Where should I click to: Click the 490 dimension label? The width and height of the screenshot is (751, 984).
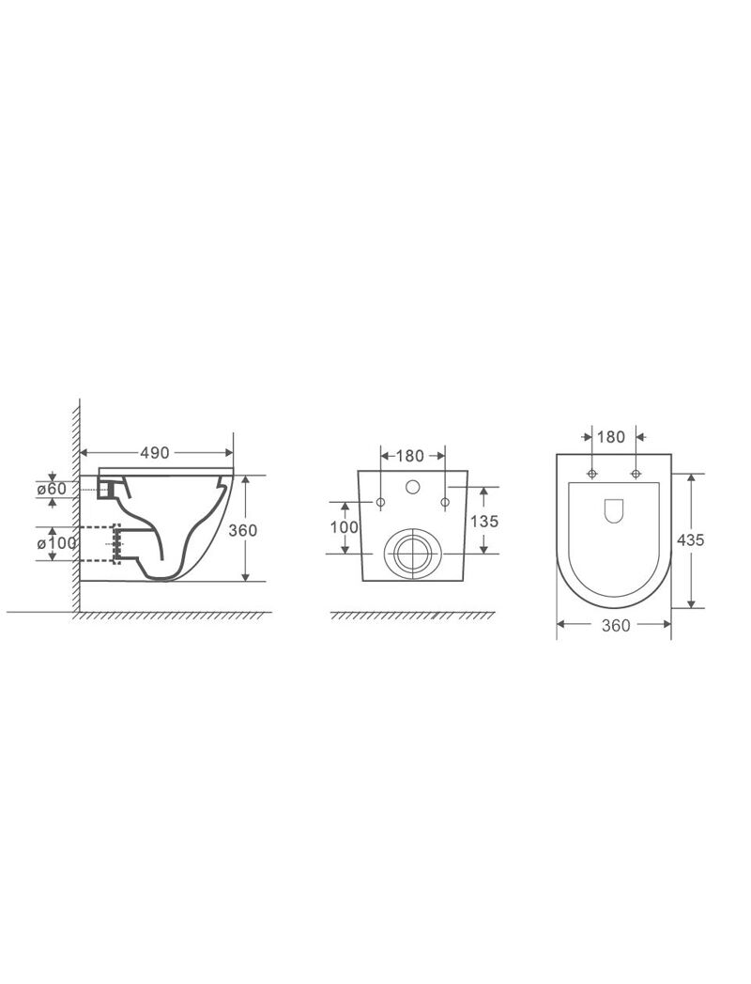tap(154, 452)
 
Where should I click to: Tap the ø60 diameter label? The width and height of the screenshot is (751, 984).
tap(52, 488)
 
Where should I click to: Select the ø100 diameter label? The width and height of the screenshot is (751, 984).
tap(57, 542)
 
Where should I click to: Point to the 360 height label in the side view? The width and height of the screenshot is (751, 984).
tap(242, 530)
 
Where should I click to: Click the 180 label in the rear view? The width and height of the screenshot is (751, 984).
tap(410, 456)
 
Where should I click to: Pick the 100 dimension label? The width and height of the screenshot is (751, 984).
tap(345, 526)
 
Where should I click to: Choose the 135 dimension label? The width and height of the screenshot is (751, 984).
tap(483, 521)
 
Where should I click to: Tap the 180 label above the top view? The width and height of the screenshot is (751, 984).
tap(610, 436)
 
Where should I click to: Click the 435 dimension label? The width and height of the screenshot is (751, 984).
tap(691, 539)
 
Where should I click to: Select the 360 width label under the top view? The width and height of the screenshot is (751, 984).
tap(616, 625)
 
